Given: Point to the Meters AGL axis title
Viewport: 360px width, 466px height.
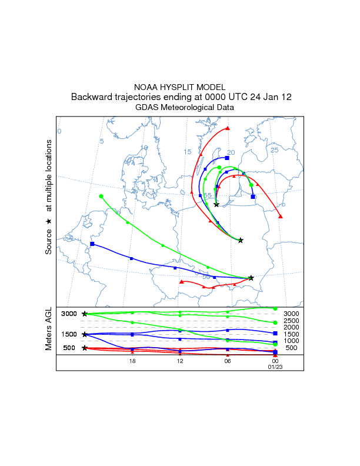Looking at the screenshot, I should [x=49, y=329].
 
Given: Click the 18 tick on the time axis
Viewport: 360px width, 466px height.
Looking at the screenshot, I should [x=132, y=361].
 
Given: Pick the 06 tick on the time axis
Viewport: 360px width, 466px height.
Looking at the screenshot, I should [x=227, y=361].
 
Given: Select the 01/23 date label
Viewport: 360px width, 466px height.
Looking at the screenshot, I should [x=275, y=367].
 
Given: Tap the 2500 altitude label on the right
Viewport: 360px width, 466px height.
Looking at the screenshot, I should [x=292, y=321].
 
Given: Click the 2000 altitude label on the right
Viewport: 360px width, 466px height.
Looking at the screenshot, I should [x=292, y=327].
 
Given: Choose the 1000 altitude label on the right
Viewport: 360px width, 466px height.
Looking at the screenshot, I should [x=292, y=341].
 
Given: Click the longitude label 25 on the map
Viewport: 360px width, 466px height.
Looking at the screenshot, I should [x=274, y=150].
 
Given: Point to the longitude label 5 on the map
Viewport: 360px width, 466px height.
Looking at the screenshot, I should [x=102, y=141].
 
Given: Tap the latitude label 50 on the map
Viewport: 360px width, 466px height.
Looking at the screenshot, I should [x=206, y=275].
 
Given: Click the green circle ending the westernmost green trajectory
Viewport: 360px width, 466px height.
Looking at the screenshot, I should [x=101, y=196].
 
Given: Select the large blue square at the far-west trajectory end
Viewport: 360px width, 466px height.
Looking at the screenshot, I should [x=92, y=244].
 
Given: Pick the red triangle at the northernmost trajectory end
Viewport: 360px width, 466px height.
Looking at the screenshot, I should [x=228, y=128].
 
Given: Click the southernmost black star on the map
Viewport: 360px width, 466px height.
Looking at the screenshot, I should [x=251, y=278].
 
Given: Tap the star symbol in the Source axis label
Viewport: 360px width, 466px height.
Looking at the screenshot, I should [x=49, y=221].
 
